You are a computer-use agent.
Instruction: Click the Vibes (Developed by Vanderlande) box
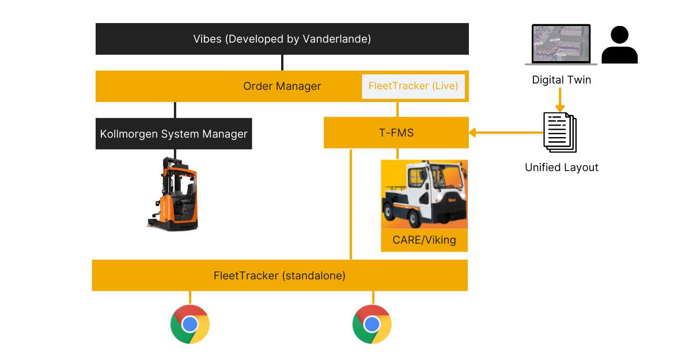pyautogui.click(x=282, y=39)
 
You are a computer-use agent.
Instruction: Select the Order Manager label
pyautogui.click(x=282, y=86)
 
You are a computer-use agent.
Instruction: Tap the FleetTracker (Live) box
pyautogui.click(x=413, y=86)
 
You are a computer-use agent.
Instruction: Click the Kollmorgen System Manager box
pyautogui.click(x=173, y=134)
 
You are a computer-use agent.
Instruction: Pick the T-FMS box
pyautogui.click(x=396, y=133)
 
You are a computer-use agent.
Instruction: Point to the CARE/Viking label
pyautogui.click(x=424, y=240)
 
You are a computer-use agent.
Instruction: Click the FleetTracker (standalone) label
pyautogui.click(x=279, y=276)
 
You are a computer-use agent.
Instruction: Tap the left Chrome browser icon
pyautogui.click(x=190, y=324)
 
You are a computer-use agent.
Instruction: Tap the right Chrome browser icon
pyautogui.click(x=372, y=324)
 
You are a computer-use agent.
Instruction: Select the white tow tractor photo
pyautogui.click(x=424, y=194)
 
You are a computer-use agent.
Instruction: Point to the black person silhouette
pyautogui.click(x=619, y=45)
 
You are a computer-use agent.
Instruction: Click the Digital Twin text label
pyautogui.click(x=561, y=80)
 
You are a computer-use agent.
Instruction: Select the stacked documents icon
pyautogui.click(x=560, y=132)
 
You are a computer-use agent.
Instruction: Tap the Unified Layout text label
pyautogui.click(x=561, y=168)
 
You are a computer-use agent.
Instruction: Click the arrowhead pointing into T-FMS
pyautogui.click(x=472, y=133)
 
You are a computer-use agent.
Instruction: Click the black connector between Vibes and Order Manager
pyautogui.click(x=282, y=63)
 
